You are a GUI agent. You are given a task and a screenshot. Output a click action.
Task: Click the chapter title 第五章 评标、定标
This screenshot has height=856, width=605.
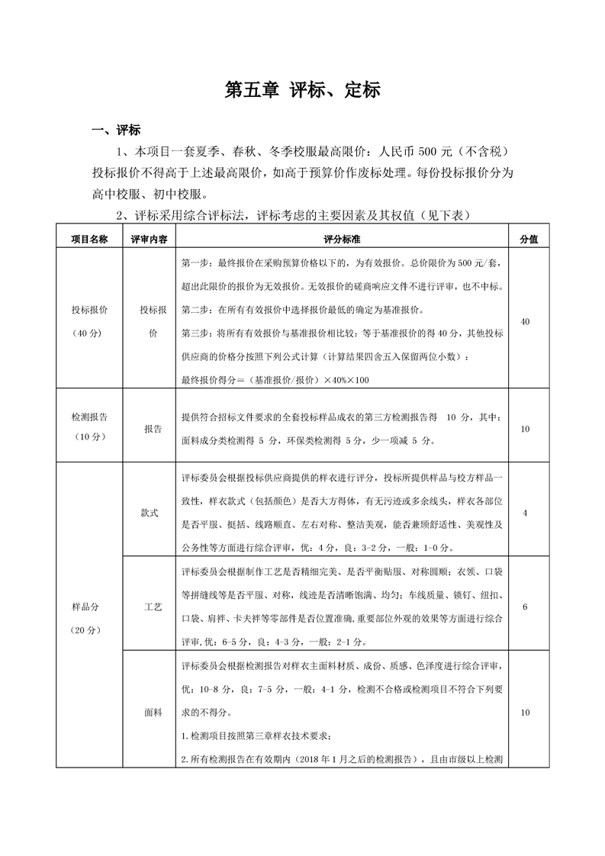[302, 90]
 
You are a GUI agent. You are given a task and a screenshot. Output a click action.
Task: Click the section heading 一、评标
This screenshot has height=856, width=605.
[115, 130]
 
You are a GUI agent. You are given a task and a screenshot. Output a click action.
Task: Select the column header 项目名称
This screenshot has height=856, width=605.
[90, 239]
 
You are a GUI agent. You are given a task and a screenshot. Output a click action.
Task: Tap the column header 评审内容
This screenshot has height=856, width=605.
[149, 239]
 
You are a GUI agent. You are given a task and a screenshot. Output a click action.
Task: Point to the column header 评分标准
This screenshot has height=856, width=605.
[341, 239]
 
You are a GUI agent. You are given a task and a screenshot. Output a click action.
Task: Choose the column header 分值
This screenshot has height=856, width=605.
[528, 239]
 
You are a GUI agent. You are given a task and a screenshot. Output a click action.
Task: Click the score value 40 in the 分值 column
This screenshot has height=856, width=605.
[525, 322]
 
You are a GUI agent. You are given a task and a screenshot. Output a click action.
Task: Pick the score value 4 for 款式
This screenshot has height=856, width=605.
[525, 513]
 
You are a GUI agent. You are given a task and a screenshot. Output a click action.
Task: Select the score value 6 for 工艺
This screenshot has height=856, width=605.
[525, 607]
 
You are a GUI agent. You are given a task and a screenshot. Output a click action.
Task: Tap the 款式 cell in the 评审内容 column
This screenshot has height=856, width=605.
[150, 513]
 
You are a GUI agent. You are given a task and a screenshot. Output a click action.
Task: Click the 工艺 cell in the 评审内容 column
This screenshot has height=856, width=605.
[153, 607]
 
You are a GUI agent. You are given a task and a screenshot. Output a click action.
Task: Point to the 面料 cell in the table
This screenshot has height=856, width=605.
[153, 713]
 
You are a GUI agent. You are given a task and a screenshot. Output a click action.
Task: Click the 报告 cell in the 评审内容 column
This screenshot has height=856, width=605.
[153, 430]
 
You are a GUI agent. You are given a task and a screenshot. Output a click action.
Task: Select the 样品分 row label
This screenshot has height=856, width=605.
[85, 607]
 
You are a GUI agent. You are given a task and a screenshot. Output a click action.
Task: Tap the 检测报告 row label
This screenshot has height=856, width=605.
[89, 418]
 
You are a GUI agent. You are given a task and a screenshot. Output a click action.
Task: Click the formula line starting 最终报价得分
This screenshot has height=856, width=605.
[275, 380]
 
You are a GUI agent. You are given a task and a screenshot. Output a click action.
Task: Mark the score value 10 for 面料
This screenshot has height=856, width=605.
[525, 713]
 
